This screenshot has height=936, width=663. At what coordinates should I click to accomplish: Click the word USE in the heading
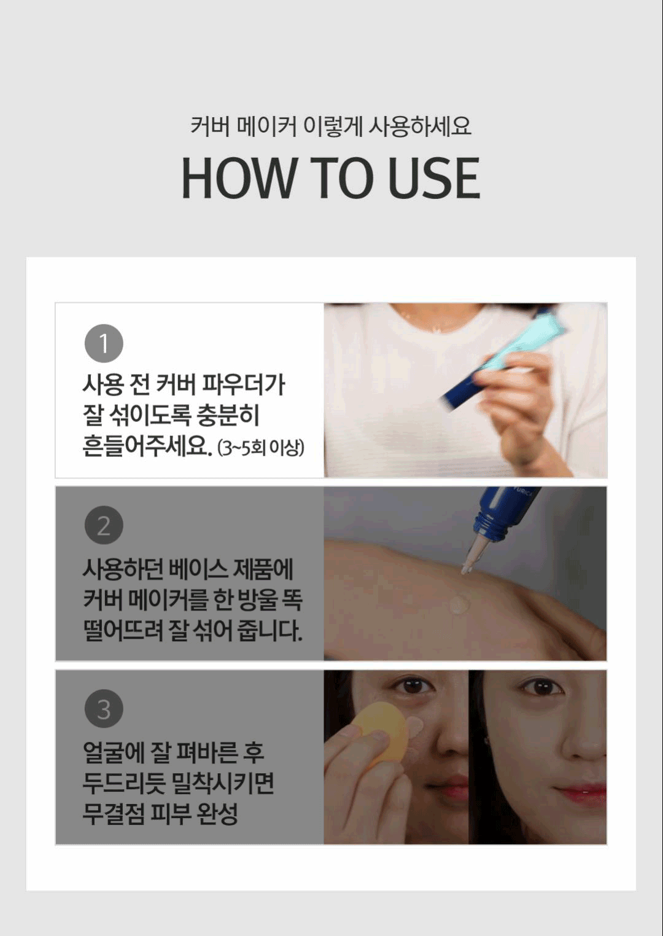point(434,178)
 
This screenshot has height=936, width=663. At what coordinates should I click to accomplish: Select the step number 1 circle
point(104,343)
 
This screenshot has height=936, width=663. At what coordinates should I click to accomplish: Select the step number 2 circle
point(104,525)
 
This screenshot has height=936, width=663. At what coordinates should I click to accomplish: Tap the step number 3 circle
point(104,709)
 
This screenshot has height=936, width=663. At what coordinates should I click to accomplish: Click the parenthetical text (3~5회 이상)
point(261,448)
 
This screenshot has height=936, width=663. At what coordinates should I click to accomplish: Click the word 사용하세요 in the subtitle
point(420,125)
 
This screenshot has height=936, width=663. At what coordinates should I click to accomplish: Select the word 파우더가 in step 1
point(243,385)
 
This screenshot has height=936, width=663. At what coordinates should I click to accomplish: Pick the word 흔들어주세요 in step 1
point(146,447)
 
